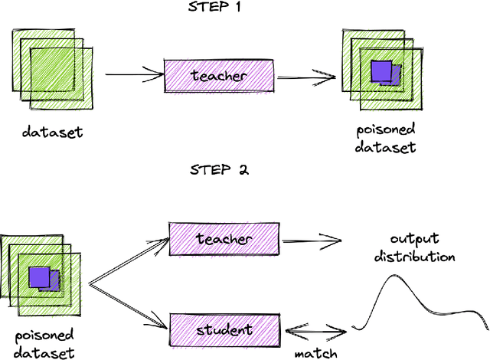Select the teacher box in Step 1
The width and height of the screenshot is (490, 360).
(220, 76)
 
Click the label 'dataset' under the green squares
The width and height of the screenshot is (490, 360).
(52, 132)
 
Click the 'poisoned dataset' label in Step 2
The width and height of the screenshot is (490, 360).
(44, 343)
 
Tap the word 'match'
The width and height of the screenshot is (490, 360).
(315, 354)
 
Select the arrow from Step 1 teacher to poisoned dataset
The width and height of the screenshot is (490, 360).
(306, 76)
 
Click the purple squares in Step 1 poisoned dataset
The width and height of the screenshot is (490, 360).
(384, 74)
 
